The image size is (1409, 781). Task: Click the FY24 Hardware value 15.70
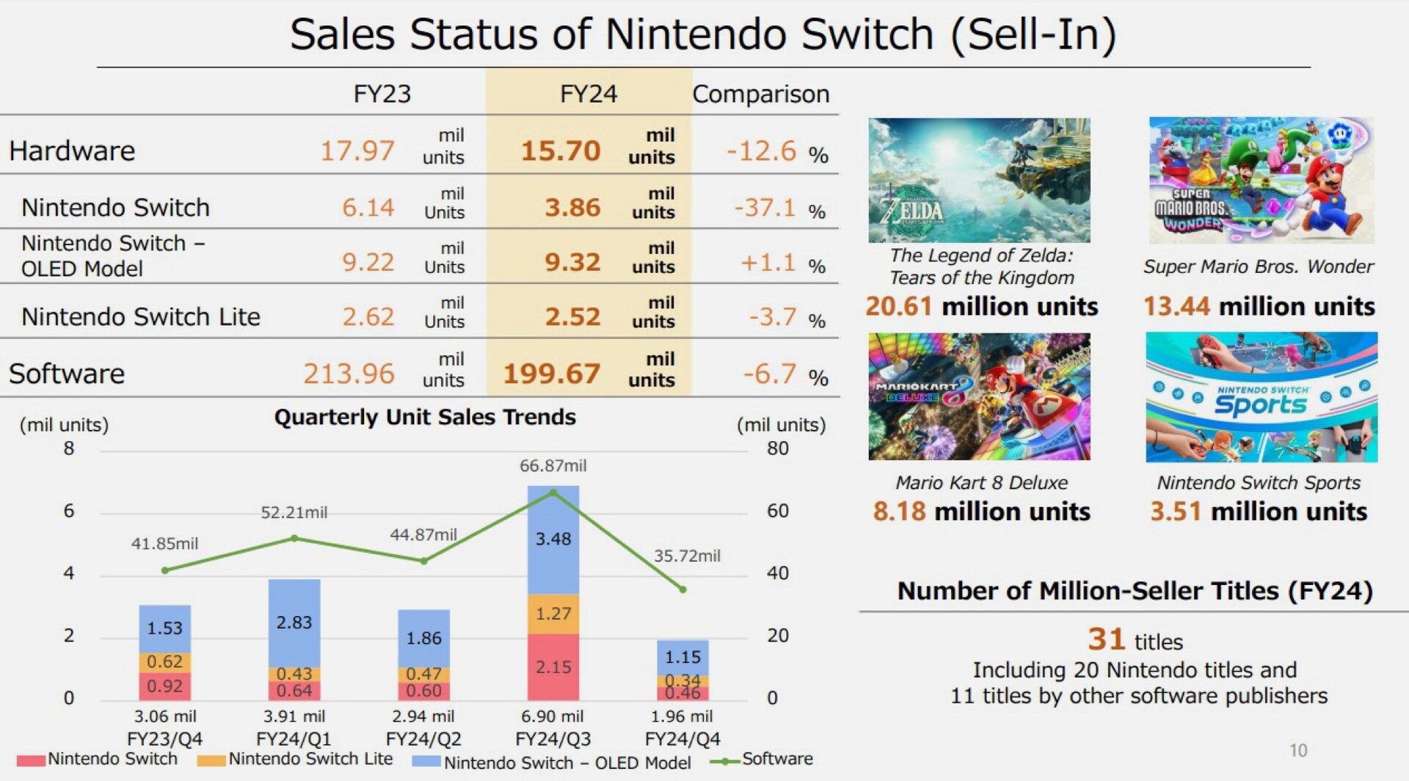tap(561, 150)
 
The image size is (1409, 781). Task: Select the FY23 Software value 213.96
tap(349, 374)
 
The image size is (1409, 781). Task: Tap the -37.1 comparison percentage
tap(765, 208)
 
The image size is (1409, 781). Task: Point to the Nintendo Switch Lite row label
tap(141, 316)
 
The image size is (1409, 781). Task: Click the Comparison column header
tap(760, 94)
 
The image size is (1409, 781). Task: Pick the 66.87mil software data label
tap(553, 465)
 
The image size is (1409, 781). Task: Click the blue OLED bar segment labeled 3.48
tap(553, 540)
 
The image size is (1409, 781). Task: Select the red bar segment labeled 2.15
tap(553, 666)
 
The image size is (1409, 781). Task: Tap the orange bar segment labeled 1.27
tap(553, 614)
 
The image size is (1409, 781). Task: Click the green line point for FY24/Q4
tap(682, 589)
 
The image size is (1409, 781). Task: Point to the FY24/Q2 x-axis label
tap(423, 738)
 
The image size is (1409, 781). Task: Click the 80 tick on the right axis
tap(778, 448)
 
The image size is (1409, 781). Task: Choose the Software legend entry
tap(776, 759)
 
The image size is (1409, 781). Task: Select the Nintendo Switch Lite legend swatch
tap(211, 761)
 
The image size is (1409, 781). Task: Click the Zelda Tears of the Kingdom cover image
tap(979, 180)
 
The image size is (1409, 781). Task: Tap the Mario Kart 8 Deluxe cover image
tap(979, 396)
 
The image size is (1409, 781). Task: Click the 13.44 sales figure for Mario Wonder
tap(1176, 306)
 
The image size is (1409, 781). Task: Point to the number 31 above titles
tap(1106, 639)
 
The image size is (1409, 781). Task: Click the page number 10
tap(1298, 750)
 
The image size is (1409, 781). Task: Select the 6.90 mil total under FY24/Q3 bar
tap(553, 716)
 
